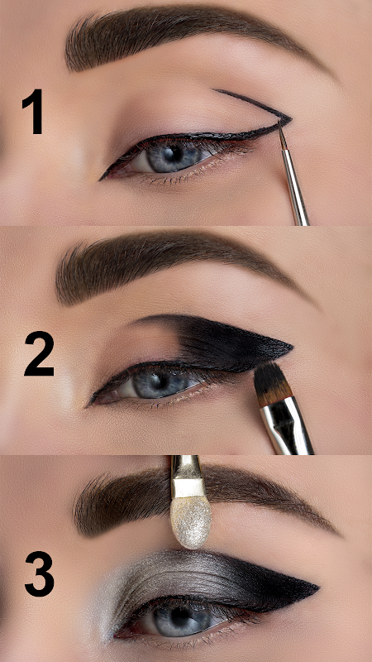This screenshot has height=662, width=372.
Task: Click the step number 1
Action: point(34,112)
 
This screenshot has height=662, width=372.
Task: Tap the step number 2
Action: point(39,354)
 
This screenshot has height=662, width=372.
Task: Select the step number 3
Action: point(39,573)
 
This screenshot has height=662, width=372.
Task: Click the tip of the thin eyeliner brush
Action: point(279,122)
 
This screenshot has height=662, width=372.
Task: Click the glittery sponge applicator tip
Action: point(191,521)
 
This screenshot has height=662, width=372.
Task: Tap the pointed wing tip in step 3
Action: point(318,588)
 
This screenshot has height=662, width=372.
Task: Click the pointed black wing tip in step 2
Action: point(292,348)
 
